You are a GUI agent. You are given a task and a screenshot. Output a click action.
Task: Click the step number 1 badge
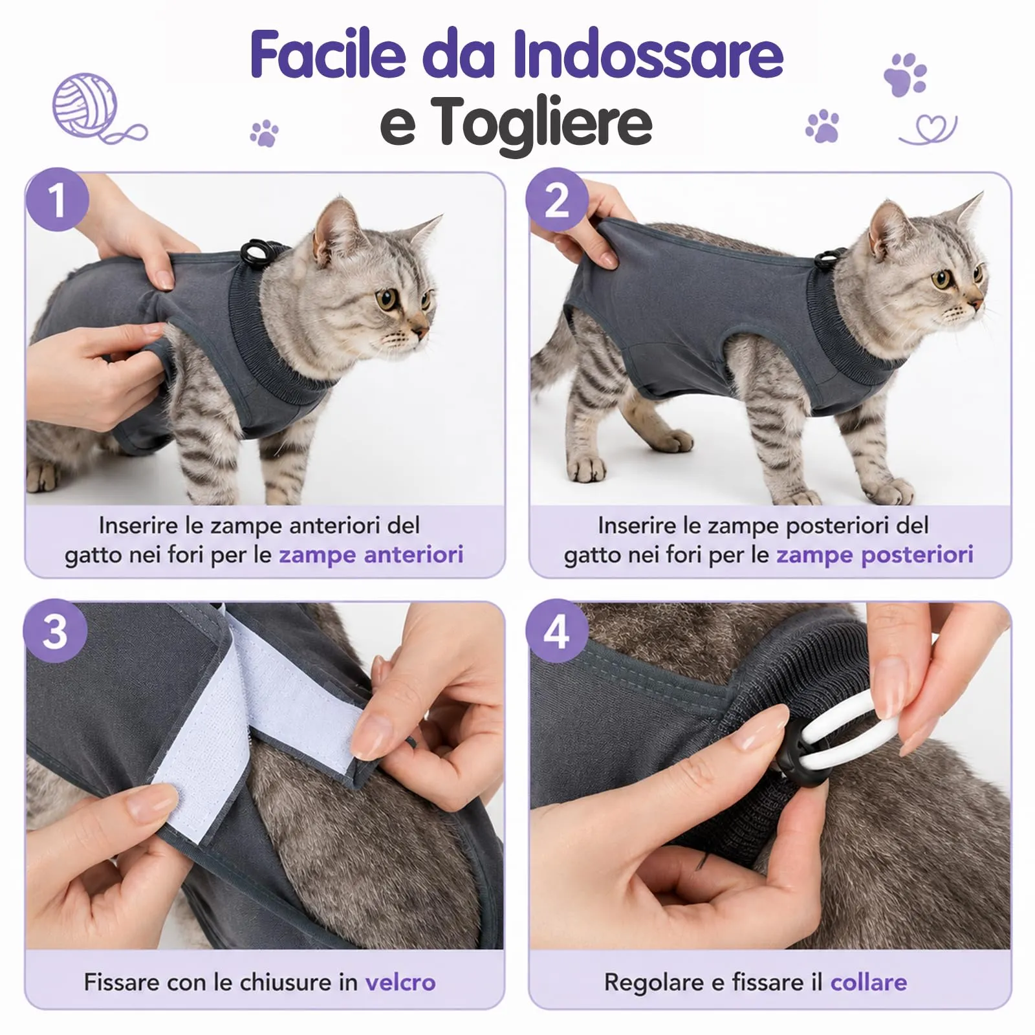[57, 199]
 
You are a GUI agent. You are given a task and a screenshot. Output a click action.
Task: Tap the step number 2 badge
[557, 199]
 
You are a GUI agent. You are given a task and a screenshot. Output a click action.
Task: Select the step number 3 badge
[56, 631]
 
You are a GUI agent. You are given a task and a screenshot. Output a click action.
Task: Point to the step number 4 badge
[557, 631]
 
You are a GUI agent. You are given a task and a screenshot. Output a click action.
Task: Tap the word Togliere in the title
[543, 121]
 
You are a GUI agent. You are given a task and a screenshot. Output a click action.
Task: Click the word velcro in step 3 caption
[400, 982]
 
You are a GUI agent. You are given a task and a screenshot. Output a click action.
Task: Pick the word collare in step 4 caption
[868, 982]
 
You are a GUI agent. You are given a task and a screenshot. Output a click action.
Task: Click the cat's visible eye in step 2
[941, 280]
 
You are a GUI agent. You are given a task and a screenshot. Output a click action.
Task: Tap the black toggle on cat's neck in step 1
[251, 250]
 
